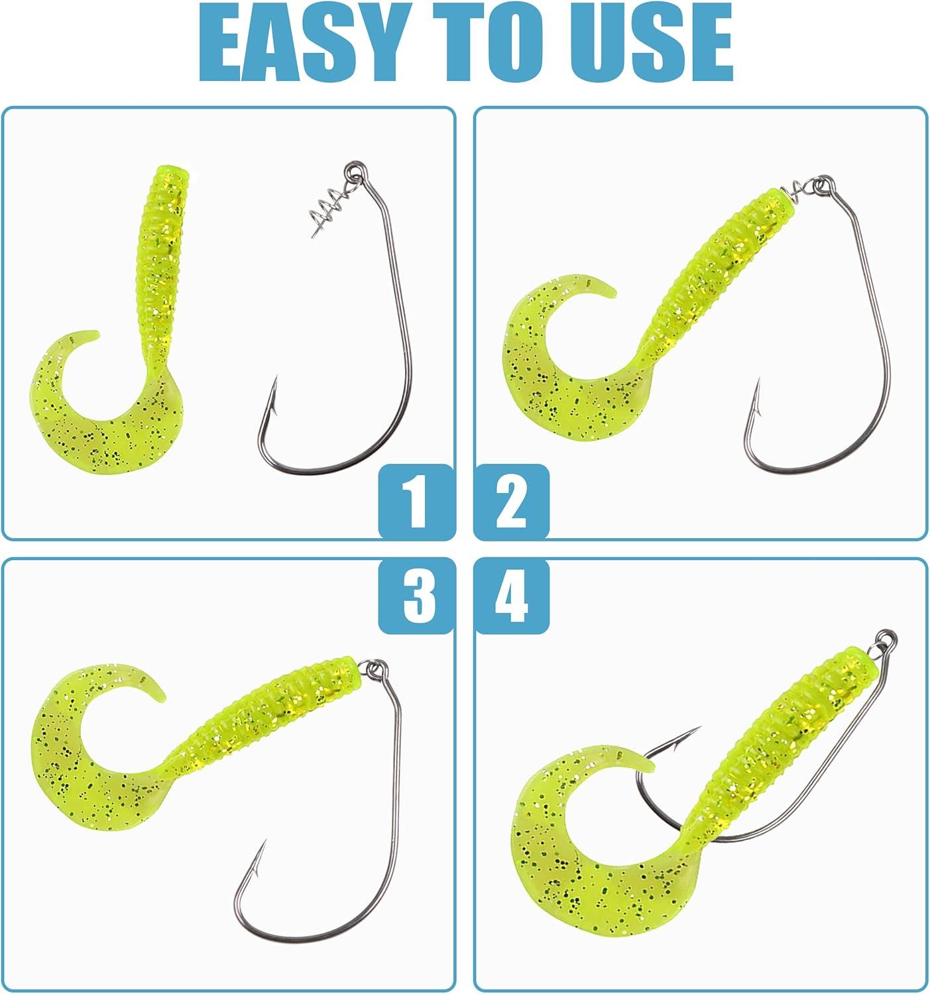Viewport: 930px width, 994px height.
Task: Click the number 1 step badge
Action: pos(416,502)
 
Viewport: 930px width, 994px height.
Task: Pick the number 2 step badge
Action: pos(512,502)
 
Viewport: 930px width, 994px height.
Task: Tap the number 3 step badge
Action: pos(416,595)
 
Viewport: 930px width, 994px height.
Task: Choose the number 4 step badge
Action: pos(512,595)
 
